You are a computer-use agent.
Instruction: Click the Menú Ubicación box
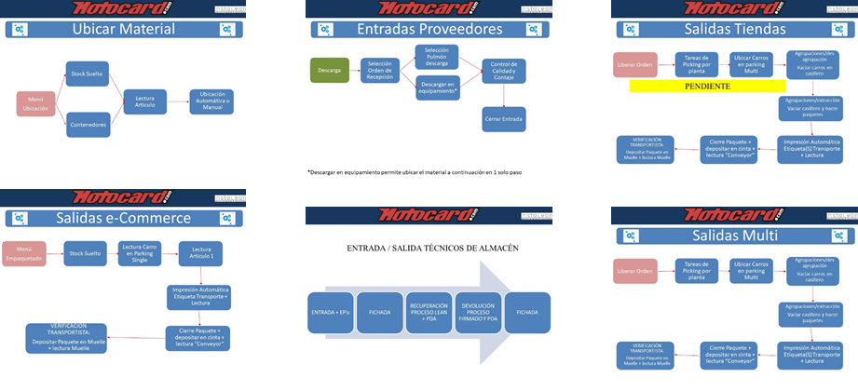[x=35, y=102]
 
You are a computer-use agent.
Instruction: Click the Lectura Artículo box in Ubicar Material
[x=144, y=102]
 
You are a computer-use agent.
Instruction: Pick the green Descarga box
[x=329, y=70]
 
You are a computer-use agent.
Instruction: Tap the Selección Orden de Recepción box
[x=380, y=70]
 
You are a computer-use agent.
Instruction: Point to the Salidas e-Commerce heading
[x=123, y=218]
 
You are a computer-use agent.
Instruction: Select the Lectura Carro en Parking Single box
[x=141, y=253]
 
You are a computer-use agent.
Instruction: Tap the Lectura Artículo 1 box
[x=199, y=253]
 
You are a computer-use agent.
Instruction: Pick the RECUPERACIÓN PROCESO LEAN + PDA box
[x=429, y=312]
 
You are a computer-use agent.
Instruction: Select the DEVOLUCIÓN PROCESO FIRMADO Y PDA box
[x=478, y=312]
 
